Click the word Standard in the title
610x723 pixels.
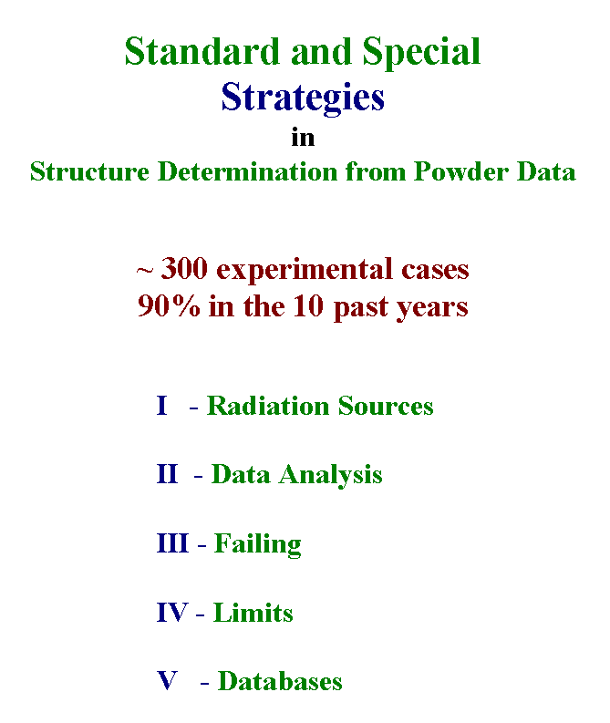click(202, 51)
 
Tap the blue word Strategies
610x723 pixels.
click(303, 98)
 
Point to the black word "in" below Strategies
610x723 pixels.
click(303, 138)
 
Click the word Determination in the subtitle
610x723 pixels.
click(248, 171)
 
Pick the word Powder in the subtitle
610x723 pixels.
click(460, 171)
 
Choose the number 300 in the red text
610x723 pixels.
click(184, 268)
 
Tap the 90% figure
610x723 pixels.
click(169, 305)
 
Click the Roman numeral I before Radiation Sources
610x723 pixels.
click(161, 406)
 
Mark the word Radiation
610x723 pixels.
click(268, 406)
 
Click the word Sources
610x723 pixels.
click(386, 406)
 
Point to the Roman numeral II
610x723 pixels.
click(167, 474)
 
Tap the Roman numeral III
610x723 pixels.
click(172, 543)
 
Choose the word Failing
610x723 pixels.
click(258, 545)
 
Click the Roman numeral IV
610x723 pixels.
click(172, 613)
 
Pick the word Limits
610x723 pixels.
click(253, 613)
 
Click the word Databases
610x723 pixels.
click(280, 681)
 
